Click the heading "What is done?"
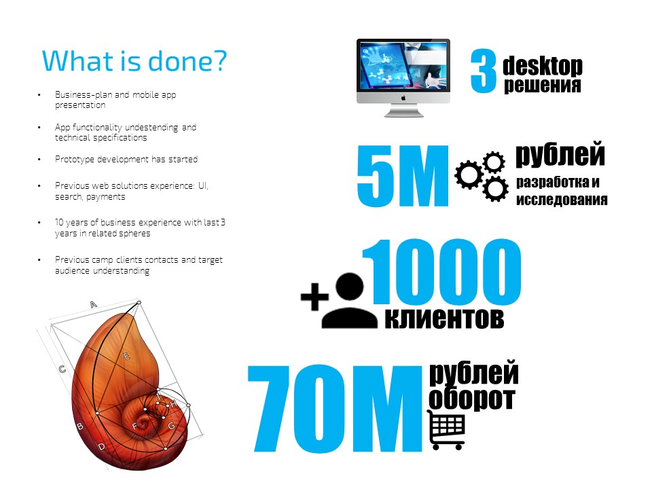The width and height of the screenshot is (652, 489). click(x=134, y=60)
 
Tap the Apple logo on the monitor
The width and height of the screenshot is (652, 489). click(x=403, y=98)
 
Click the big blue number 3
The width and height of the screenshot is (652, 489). click(x=484, y=71)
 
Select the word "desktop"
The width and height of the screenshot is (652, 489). click(x=543, y=66)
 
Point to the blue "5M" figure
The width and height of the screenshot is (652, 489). click(x=403, y=175)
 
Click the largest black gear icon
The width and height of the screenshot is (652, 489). click(x=469, y=175)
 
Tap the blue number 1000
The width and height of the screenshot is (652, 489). click(x=442, y=272)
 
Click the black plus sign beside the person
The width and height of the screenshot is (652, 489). click(x=314, y=297)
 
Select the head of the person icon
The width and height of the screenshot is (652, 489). click(x=349, y=287)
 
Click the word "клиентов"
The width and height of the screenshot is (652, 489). click(x=444, y=319)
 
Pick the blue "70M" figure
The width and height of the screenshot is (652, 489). click(x=335, y=408)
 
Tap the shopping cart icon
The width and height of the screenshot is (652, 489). click(x=447, y=430)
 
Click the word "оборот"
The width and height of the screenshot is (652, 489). click(x=472, y=398)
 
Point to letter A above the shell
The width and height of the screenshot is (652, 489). click(x=93, y=304)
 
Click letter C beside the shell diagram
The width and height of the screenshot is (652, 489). click(x=62, y=369)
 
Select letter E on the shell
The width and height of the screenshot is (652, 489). click(x=126, y=356)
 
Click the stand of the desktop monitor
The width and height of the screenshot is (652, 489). click(x=403, y=110)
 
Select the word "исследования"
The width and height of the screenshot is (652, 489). click(x=562, y=200)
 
